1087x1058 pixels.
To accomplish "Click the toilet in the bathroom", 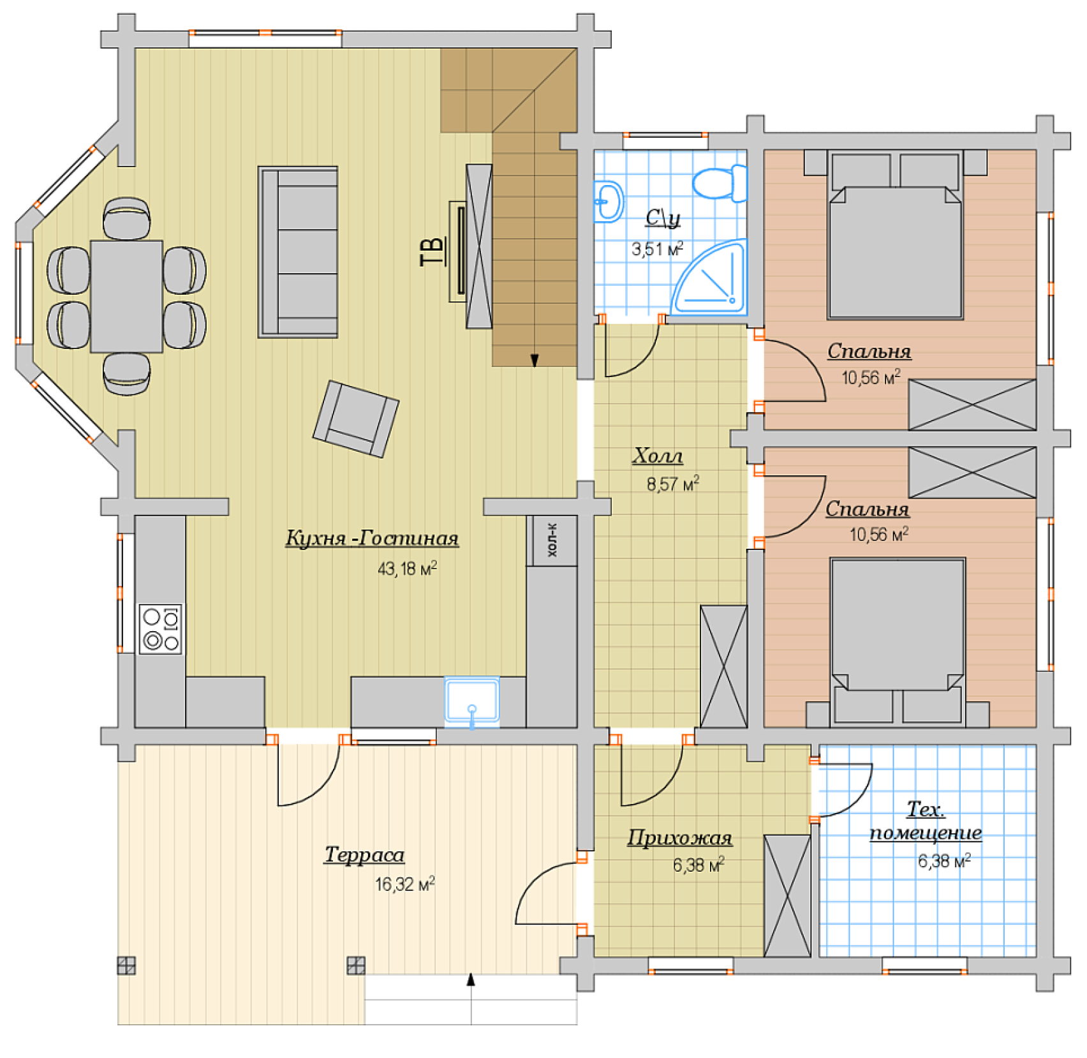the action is (720, 183).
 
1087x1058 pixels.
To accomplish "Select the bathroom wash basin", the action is (609, 201).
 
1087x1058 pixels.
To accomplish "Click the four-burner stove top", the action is (161, 629).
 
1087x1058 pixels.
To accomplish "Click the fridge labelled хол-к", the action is (552, 540).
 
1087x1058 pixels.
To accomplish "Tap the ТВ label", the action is (433, 251).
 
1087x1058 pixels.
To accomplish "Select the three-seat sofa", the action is (298, 252).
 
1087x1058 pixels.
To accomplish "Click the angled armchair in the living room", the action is (356, 419).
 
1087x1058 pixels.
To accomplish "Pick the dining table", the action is (126, 296).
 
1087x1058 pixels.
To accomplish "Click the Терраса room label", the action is (364, 854).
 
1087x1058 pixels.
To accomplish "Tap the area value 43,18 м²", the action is (407, 568).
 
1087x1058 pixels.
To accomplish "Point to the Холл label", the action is (658, 456).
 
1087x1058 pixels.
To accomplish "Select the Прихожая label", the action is (679, 837).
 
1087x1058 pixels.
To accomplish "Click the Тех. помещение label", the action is (926, 821).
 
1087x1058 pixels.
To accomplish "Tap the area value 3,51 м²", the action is (657, 248).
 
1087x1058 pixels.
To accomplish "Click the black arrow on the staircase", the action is (535, 361).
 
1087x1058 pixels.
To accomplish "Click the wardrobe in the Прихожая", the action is (787, 896).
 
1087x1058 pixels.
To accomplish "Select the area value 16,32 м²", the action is (404, 884).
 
